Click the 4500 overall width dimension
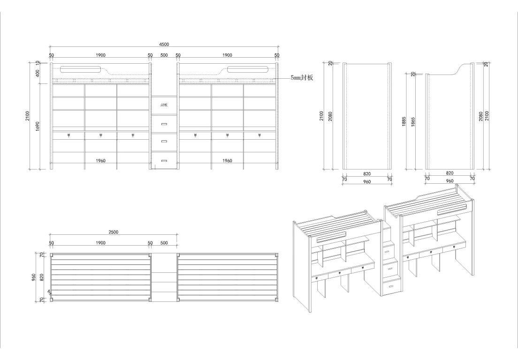pos(164,45)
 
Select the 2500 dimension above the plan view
pos(113,232)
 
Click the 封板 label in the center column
pos(164,105)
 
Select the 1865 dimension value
pos(413,121)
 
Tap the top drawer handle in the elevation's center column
pos(164,124)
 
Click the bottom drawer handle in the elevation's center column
pos(164,161)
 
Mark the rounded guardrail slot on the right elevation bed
pos(248,70)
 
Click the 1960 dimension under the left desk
pos(100,161)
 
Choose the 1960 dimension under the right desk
pos(227,161)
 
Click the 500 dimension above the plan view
pos(164,243)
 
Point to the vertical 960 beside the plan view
pos(33,278)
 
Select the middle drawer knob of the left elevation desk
pos(100,136)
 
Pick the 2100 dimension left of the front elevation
pos(28,115)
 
